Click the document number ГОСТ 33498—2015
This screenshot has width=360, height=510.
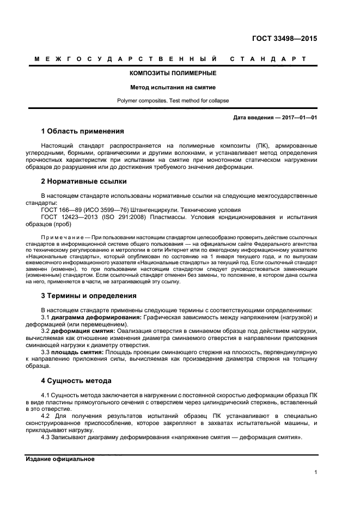pos(284,39)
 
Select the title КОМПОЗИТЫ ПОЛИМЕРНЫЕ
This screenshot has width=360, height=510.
pos(173,73)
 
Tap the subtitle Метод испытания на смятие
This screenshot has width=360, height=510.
pos(173,87)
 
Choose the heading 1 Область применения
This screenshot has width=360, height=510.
pos(82,131)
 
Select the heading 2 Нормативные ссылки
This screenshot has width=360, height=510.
pos(84,181)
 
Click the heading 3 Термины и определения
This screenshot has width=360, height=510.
pos(89,296)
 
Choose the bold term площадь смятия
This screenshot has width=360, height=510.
pos(77,353)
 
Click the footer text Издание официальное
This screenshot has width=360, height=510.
pos(60,459)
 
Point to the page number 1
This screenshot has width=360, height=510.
pos(316,472)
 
